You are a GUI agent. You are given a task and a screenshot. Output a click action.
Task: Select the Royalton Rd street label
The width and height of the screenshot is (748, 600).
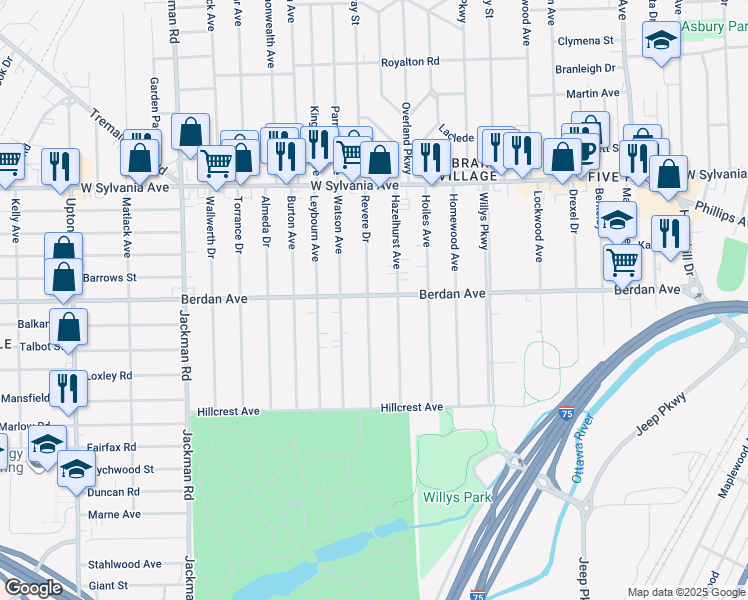click(x=410, y=62)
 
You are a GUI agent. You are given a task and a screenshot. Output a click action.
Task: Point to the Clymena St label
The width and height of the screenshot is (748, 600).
click(x=585, y=41)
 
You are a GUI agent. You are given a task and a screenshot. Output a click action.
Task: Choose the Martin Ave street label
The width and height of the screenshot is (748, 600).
click(x=587, y=93)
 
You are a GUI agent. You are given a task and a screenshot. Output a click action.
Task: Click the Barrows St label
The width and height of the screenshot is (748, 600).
click(x=109, y=277)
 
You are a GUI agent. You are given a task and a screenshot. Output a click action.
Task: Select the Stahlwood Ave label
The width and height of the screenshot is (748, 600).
click(x=124, y=564)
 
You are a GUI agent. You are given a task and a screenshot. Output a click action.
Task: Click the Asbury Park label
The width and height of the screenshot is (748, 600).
click(x=715, y=26)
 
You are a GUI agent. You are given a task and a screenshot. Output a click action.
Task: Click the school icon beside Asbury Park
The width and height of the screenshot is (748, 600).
click(x=660, y=40)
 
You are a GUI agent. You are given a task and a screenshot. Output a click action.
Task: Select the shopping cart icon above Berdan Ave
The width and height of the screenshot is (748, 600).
click(x=622, y=262)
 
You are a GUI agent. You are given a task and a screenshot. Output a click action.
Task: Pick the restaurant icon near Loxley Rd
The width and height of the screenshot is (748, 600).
click(x=67, y=387)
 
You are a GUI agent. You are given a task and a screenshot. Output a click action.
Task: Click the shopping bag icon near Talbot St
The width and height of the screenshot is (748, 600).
click(x=69, y=325)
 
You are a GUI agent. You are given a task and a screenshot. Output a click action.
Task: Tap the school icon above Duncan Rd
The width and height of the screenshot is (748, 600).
click(x=76, y=467)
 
